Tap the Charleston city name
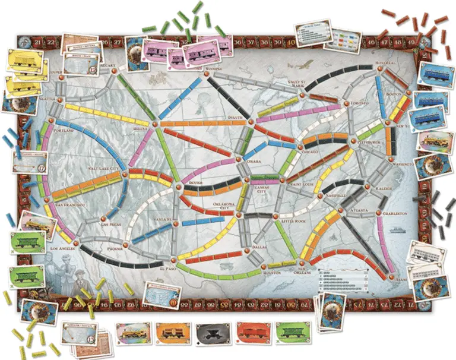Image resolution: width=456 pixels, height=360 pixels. click(395, 212)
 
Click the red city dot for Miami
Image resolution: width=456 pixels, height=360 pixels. click(392, 277)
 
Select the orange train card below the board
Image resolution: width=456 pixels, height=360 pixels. click(170, 334)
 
